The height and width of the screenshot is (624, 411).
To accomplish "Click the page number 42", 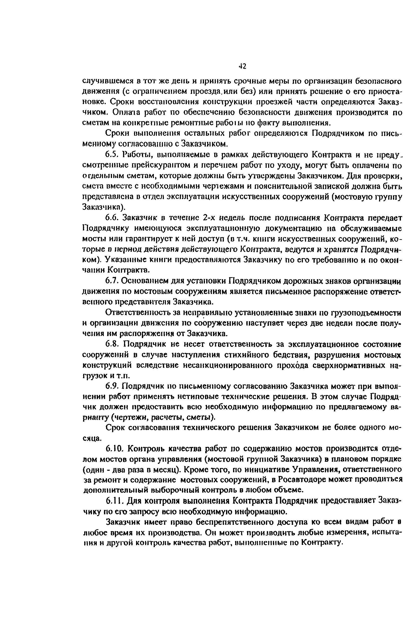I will pos(243,66).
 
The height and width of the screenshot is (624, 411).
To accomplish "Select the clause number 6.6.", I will pos(112,218).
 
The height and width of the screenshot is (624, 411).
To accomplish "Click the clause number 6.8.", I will pos(112,344).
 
